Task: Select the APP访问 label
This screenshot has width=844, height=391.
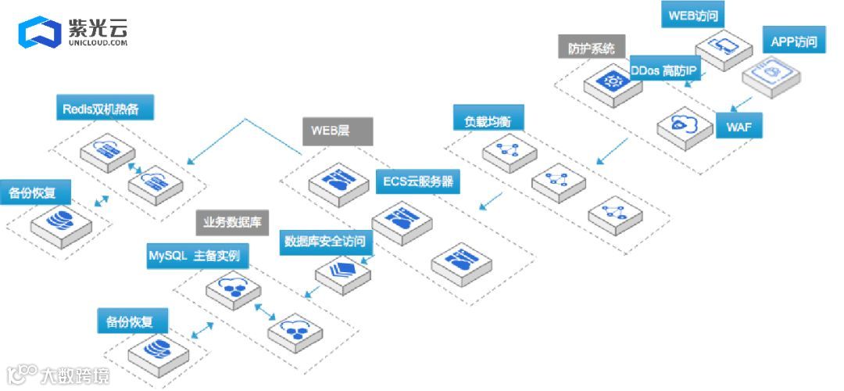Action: pos(794,41)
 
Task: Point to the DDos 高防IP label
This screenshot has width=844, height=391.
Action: pos(663,70)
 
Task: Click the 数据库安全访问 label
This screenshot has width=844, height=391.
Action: pos(324,241)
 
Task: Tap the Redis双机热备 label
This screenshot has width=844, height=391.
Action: pos(105,109)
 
